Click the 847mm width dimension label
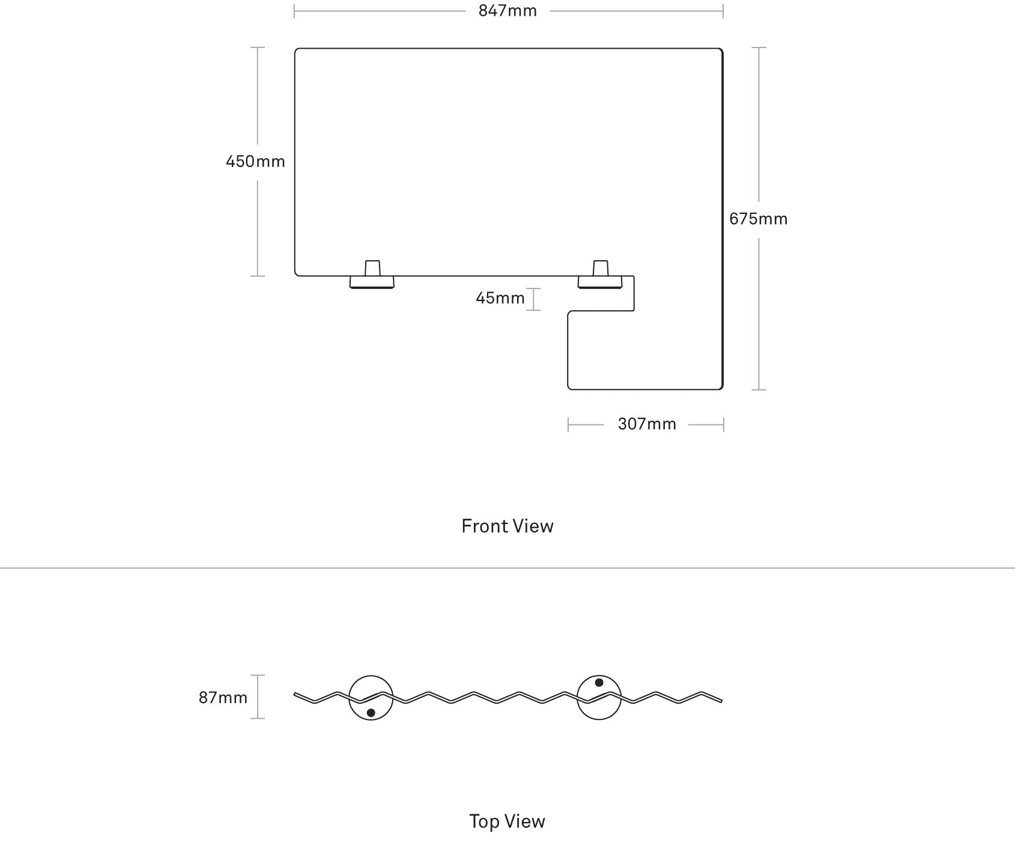coord(507,11)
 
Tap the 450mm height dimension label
coord(255,162)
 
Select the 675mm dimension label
coord(758,219)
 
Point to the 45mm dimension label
coord(500,298)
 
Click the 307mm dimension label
coord(647,424)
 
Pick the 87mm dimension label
coord(223,698)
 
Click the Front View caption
coord(507,526)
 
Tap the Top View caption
coord(507,822)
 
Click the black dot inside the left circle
coord(371,713)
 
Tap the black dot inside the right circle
coord(599,683)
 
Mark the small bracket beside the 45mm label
coord(533,299)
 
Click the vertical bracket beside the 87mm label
coord(258,697)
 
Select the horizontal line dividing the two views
coord(507,568)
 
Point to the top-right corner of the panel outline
coord(722,49)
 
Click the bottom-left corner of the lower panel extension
coord(569,389)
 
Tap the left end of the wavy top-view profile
coord(294,695)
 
